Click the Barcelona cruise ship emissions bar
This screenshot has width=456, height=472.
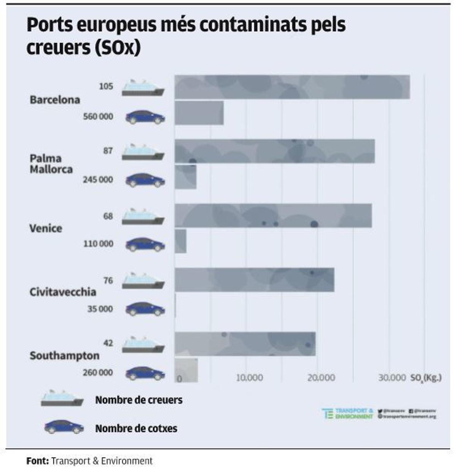(292, 87)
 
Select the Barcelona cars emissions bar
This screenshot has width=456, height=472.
(199, 113)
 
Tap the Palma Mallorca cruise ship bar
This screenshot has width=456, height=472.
(274, 151)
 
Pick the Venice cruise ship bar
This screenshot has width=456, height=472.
(273, 216)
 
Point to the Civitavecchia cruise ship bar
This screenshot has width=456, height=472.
(254, 280)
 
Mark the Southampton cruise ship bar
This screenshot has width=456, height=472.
(245, 344)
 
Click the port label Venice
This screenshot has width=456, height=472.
(46, 228)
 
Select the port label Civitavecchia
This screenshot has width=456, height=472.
(63, 292)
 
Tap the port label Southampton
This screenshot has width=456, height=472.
(64, 356)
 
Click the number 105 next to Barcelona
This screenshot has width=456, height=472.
(106, 86)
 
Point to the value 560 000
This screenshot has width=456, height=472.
(98, 116)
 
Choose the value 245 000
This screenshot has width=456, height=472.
(98, 179)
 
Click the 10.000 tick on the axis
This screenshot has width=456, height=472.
(249, 378)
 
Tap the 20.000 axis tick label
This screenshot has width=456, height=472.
(321, 378)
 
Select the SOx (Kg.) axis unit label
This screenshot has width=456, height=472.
(426, 378)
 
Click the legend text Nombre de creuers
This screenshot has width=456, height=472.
(139, 400)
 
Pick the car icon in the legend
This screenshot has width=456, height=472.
(64, 427)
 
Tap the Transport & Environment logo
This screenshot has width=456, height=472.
(348, 413)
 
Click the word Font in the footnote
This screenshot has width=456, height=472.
(37, 461)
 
